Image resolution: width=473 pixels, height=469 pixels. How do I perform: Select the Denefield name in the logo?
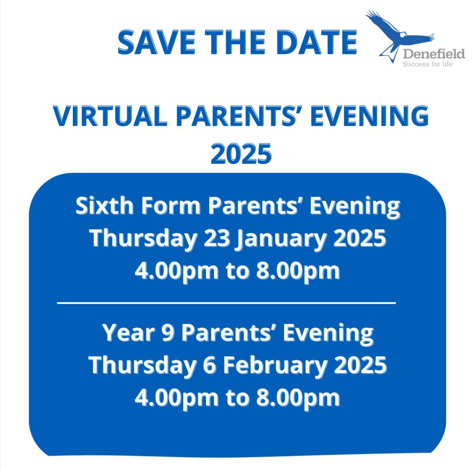434,54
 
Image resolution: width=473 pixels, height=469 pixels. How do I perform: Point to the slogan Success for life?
428,64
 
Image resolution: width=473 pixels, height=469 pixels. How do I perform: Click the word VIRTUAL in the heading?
110,116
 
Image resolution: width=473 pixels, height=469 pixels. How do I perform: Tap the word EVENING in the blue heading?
369,116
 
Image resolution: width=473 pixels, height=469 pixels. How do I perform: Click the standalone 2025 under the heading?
241,154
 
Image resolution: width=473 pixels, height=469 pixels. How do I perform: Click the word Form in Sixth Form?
171,206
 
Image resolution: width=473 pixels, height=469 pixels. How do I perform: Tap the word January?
282,238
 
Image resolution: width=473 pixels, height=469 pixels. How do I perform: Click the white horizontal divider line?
226,303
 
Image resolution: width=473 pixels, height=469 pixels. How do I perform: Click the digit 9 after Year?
168,333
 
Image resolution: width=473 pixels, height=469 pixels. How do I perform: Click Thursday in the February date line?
142,365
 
